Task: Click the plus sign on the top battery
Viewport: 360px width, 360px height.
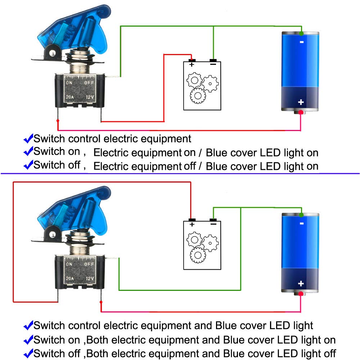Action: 301,102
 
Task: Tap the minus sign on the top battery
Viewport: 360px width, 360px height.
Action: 302,42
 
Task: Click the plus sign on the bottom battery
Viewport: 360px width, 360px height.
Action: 301,284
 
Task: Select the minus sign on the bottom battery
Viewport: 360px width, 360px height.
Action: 302,224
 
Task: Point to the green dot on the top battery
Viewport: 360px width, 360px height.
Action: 301,33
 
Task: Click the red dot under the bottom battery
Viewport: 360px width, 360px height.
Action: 301,294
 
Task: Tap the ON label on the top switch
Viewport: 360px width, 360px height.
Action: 69,83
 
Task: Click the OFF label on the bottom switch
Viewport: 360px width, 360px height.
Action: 89,264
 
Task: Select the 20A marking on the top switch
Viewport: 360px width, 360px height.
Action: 70,97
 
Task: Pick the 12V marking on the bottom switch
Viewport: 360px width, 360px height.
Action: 90,279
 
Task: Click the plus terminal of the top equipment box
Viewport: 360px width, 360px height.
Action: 192,60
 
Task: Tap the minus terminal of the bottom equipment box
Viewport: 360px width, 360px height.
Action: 213,220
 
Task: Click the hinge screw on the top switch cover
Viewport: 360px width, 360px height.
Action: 53,53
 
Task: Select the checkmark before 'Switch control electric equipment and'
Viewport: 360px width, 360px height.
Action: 28,325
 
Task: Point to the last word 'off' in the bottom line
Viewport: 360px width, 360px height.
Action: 330,354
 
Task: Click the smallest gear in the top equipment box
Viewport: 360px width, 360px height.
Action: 210,84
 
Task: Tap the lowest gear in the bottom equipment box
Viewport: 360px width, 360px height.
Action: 198,255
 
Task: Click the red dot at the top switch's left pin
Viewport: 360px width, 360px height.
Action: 58,121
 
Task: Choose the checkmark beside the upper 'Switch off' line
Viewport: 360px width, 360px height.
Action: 28,165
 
